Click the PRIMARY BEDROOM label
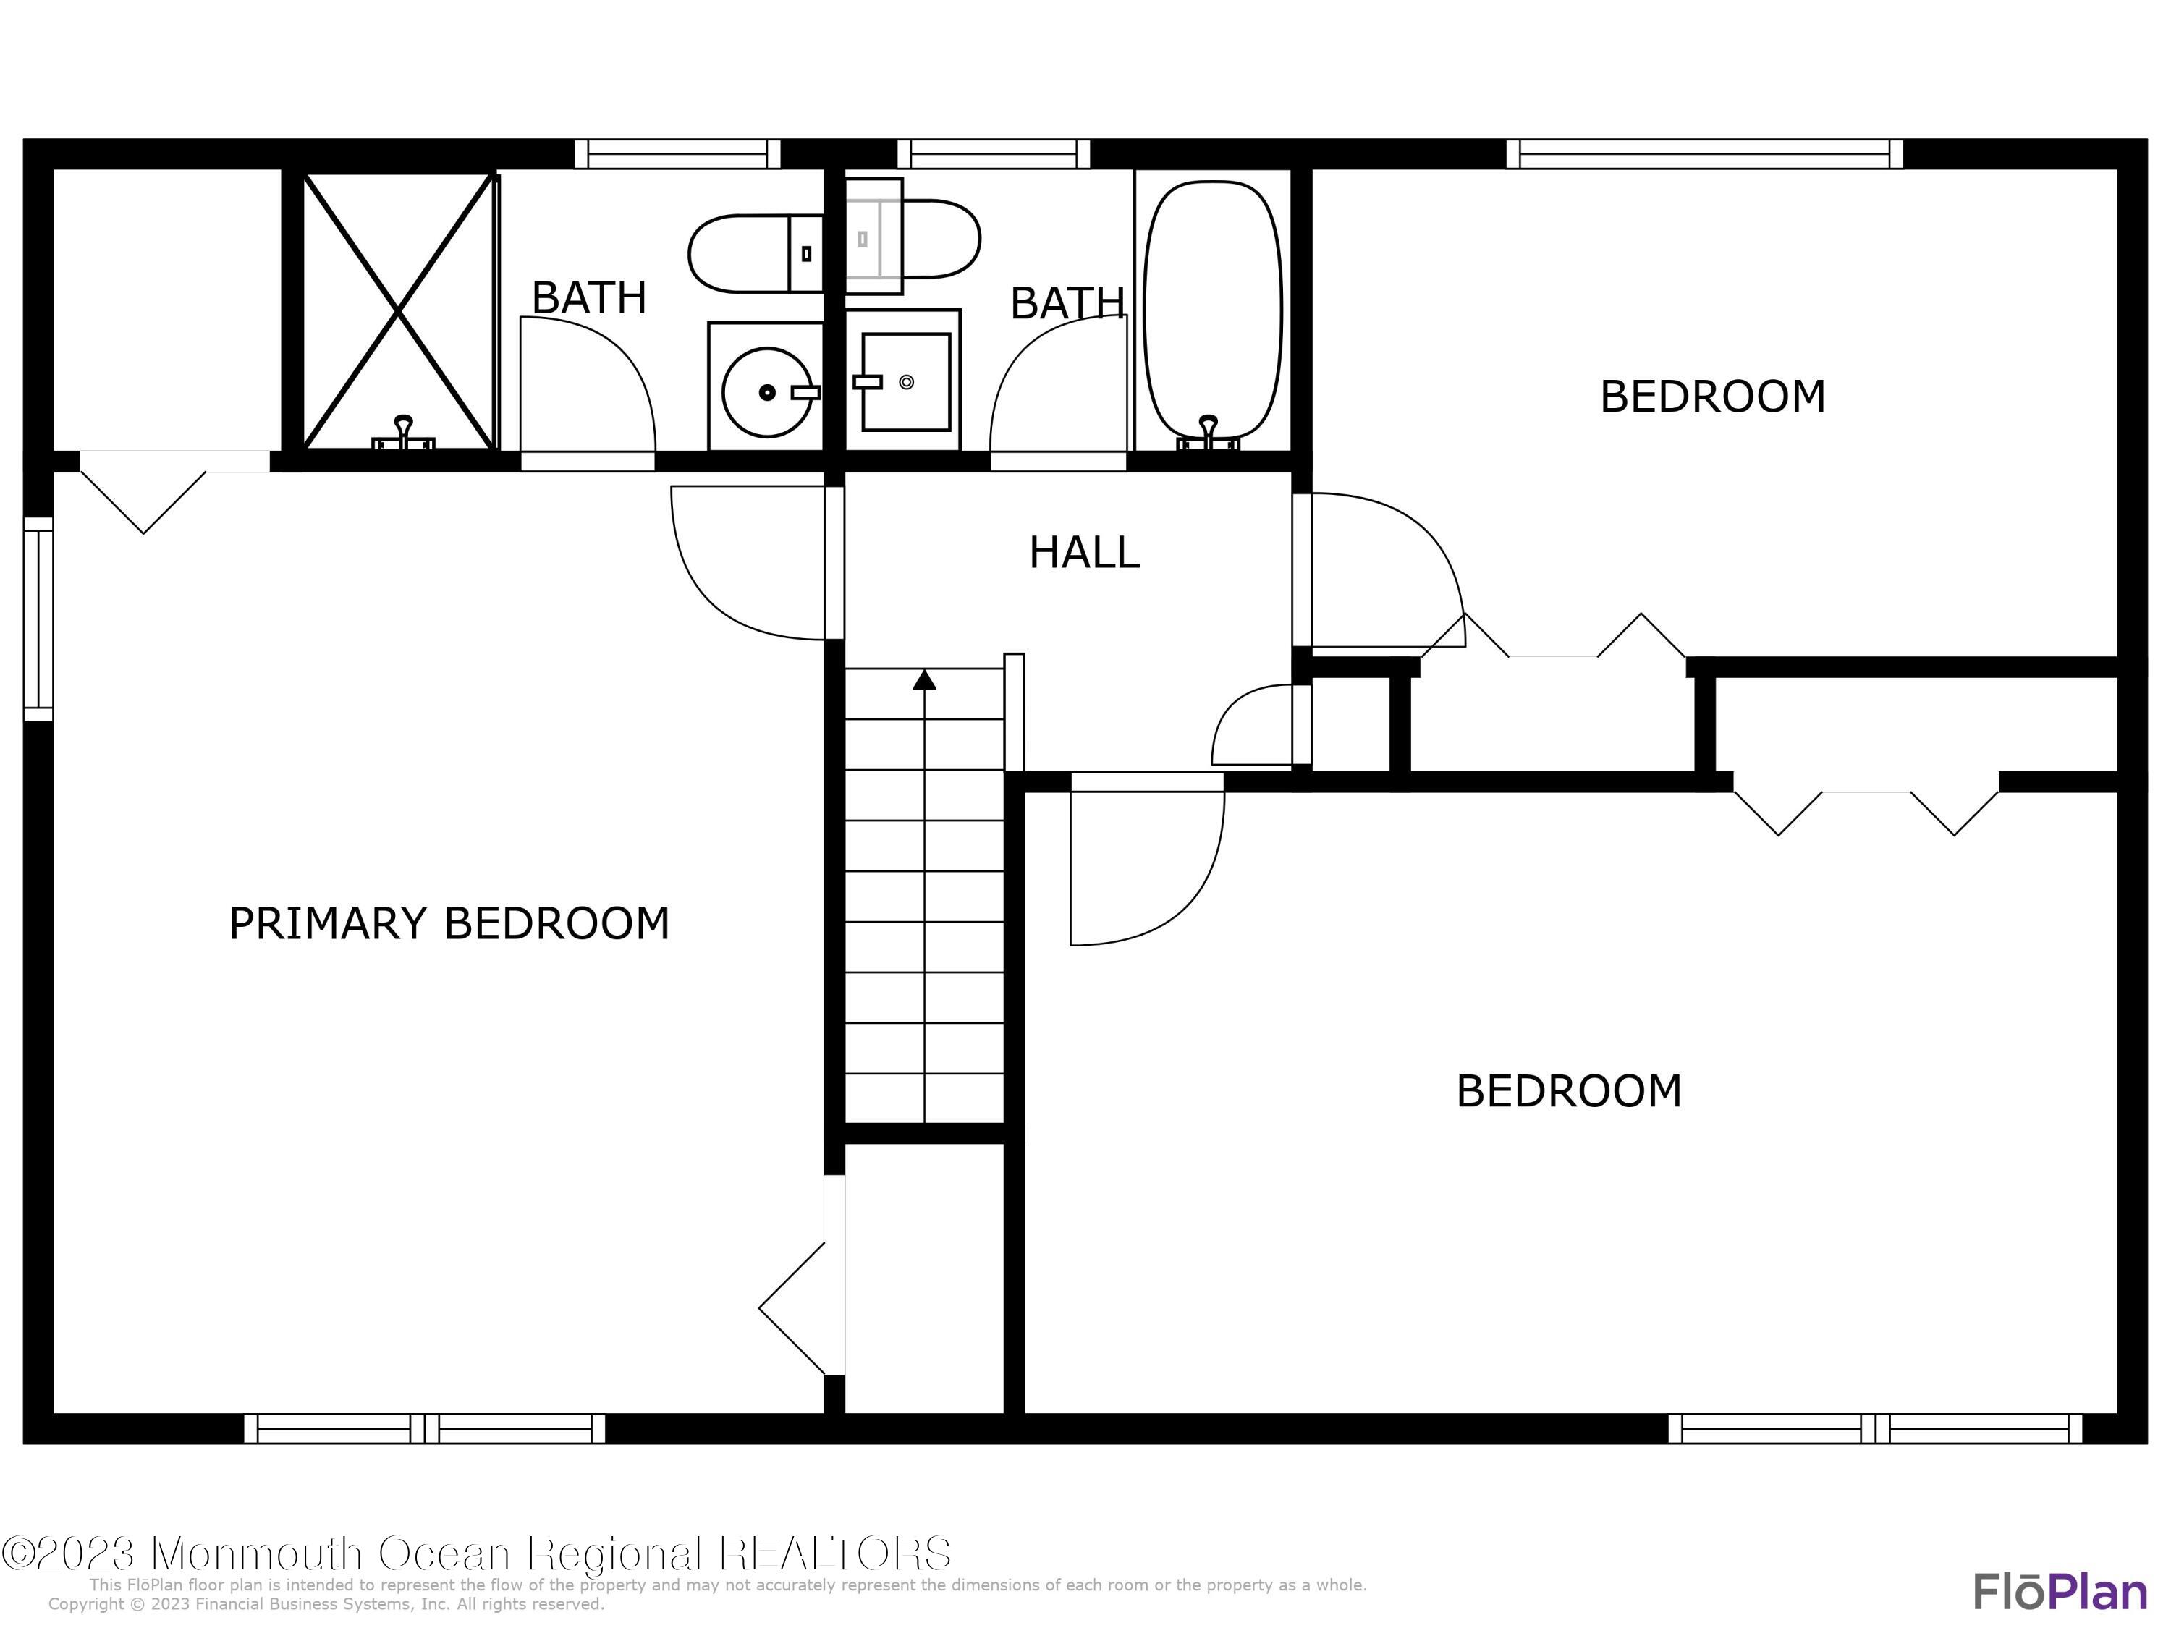[449, 923]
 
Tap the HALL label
[1083, 553]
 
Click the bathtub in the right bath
[1213, 309]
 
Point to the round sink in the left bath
[766, 391]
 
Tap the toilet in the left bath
[754, 254]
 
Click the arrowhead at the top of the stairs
[923, 679]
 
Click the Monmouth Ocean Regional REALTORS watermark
[476, 1553]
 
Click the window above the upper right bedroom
[1704, 154]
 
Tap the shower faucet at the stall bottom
[402, 433]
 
